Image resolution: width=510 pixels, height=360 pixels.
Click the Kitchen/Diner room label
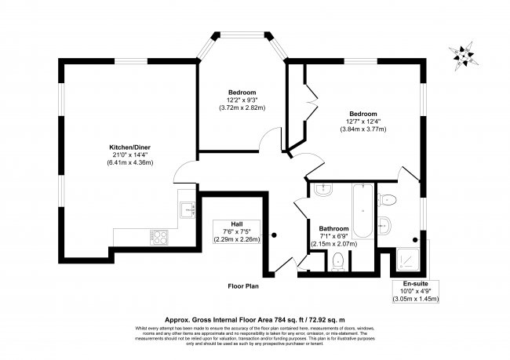click(x=130, y=147)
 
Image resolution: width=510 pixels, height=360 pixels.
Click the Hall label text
click(x=236, y=223)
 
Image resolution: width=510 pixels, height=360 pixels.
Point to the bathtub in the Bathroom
click(x=362, y=212)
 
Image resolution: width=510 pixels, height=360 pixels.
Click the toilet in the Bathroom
click(x=338, y=260)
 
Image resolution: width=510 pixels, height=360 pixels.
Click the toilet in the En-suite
click(x=387, y=195)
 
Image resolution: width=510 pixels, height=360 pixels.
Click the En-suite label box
click(x=415, y=290)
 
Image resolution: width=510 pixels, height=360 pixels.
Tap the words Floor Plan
click(x=243, y=286)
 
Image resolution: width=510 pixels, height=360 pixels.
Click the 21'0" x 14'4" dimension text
click(x=130, y=155)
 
